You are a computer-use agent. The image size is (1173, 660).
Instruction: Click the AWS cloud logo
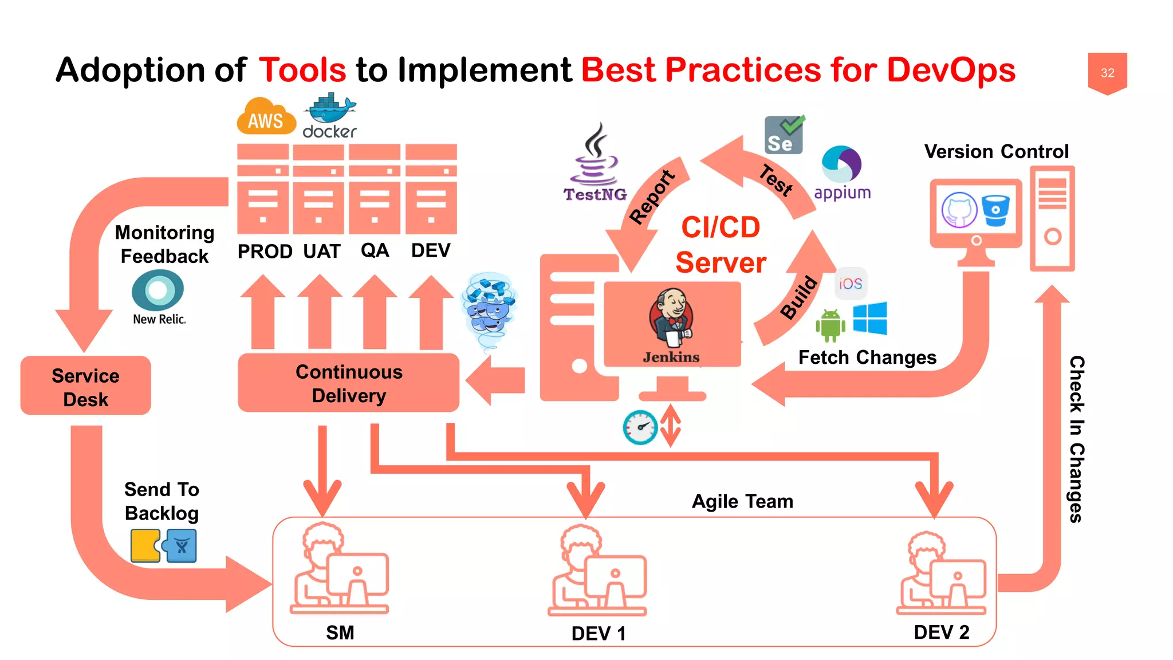[266, 117]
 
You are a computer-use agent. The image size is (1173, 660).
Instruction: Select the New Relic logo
[158, 297]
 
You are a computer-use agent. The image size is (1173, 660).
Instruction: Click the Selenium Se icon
[784, 135]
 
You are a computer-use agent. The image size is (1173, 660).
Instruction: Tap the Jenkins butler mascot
[671, 318]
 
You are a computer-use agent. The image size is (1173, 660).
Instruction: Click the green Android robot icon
[830, 325]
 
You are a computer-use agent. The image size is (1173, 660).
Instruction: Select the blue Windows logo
[869, 319]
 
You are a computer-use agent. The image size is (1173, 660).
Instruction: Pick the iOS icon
[851, 284]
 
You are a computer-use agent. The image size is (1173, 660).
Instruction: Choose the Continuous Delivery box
[349, 383]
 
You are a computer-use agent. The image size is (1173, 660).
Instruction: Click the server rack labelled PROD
[263, 189]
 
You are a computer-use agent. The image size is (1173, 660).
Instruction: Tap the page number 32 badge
[1107, 73]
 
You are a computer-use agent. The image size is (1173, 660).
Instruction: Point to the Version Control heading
[996, 151]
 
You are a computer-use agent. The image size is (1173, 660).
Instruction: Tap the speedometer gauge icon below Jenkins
[640, 427]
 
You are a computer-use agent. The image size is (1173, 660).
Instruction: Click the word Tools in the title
[302, 70]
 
